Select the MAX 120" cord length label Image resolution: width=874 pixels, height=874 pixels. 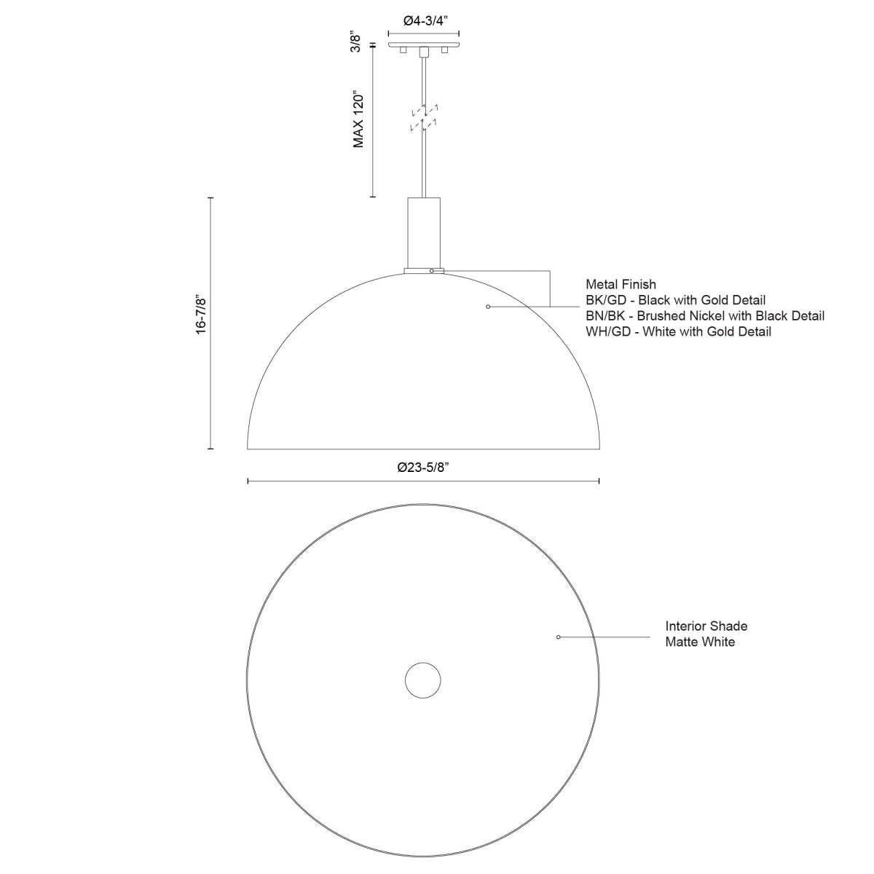click(x=358, y=120)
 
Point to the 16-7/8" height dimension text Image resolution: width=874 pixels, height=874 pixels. click(x=202, y=315)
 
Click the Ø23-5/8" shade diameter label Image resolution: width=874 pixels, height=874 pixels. click(x=423, y=468)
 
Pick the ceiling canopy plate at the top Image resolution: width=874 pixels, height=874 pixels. click(x=423, y=46)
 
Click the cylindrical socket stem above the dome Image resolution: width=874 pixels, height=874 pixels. click(x=423, y=232)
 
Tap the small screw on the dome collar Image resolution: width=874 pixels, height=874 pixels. click(x=432, y=271)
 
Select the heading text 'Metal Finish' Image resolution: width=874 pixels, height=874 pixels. click(x=621, y=285)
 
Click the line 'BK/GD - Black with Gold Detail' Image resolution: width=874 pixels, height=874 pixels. click(x=675, y=300)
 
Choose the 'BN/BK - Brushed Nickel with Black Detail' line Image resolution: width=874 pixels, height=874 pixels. click(x=704, y=316)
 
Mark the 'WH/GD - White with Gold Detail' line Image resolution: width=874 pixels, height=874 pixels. click(x=677, y=332)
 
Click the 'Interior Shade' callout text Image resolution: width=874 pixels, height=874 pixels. click(x=706, y=626)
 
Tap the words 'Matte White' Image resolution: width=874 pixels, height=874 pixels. click(x=700, y=642)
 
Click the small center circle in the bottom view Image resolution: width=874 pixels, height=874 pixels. click(x=423, y=681)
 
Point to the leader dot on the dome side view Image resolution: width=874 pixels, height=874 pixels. click(x=488, y=307)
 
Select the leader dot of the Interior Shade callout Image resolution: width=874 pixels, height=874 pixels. click(x=558, y=637)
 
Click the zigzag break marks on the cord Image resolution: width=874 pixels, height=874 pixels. click(x=423, y=119)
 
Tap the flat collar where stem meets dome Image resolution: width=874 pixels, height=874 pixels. click(x=423, y=271)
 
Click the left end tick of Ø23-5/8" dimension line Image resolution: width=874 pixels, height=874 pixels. click(x=248, y=481)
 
